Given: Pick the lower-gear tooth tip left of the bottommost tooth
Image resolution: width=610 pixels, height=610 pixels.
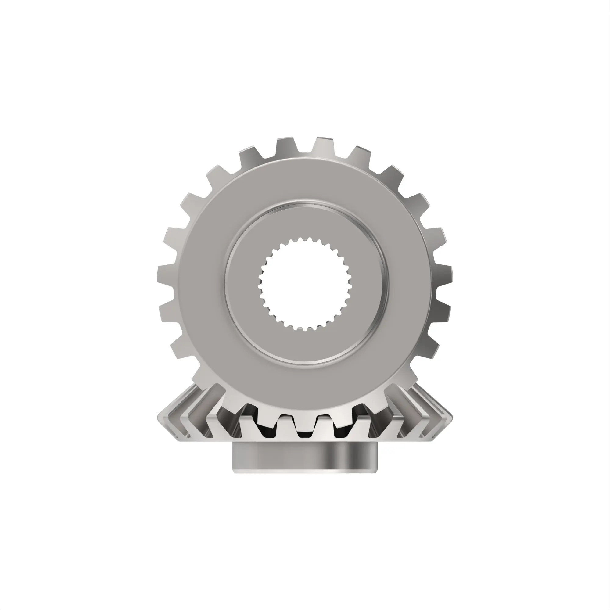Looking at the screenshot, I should pos(286,420).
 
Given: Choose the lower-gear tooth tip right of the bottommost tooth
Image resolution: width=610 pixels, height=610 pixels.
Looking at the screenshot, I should pos(325,420).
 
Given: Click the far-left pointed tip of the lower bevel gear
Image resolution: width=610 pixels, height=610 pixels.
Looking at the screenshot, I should pos(159,420).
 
